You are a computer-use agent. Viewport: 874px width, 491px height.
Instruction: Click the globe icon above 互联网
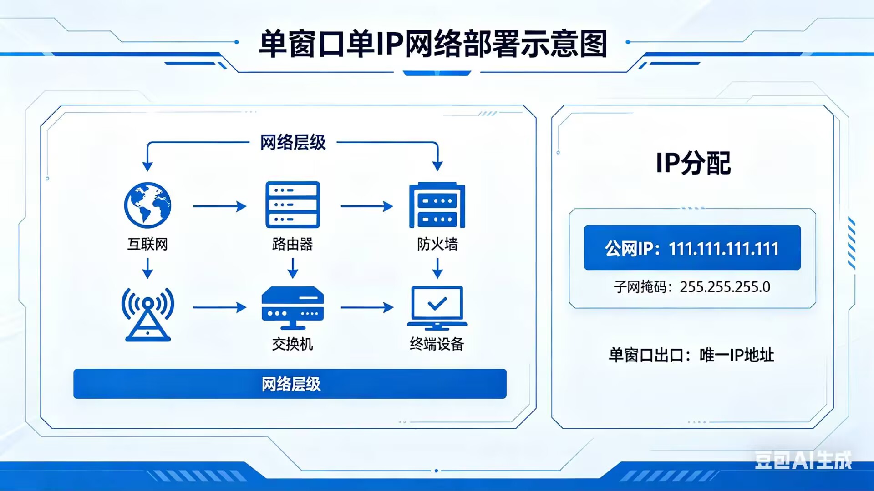[147, 205]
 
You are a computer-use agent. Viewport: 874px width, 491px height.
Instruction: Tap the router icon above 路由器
[293, 205]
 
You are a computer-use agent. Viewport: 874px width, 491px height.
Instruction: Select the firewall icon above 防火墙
[437, 205]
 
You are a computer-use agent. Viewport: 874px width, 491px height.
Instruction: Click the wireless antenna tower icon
[147, 314]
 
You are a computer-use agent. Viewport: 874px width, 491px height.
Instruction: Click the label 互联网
[147, 244]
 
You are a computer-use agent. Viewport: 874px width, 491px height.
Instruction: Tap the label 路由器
[293, 244]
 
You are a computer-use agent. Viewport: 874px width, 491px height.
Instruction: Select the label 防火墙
[437, 244]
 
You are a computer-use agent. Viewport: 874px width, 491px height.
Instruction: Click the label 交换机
[293, 344]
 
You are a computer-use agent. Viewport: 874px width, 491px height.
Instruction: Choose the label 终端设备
[437, 344]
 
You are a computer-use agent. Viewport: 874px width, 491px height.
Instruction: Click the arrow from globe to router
[220, 206]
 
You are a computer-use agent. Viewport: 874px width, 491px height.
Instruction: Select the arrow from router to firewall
[367, 206]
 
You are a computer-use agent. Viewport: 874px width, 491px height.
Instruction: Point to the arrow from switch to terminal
[367, 307]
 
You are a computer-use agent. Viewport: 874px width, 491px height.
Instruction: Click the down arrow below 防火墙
[437, 268]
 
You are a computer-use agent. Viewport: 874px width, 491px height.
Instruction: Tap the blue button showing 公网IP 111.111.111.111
[692, 248]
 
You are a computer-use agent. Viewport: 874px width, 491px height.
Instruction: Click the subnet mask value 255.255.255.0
[725, 287]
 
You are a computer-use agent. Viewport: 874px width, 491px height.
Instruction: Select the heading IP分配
[693, 163]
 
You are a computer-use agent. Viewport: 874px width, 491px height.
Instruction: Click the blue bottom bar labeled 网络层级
[290, 384]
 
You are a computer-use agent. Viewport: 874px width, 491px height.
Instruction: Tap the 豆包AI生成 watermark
[803, 460]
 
